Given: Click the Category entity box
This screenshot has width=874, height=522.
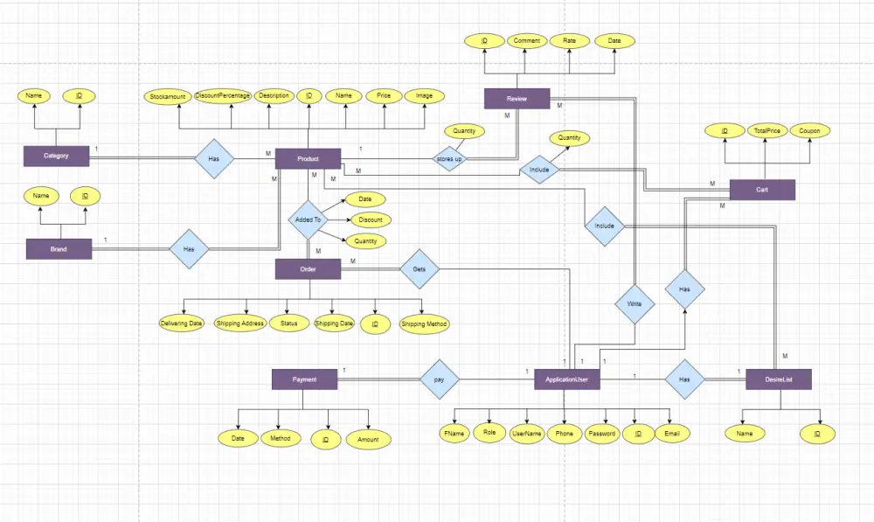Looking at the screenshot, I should point(56,157).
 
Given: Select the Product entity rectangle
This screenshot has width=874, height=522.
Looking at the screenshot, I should point(308,158).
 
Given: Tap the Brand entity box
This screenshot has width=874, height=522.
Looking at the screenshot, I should point(59,249).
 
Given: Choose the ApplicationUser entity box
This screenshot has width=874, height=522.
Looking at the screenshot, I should point(566,379).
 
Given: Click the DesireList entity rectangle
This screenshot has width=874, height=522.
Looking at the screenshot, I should point(778,379).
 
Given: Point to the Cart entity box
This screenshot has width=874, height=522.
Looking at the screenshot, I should point(762,190).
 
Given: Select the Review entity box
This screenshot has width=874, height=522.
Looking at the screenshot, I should point(517,98).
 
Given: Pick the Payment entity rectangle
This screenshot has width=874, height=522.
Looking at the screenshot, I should point(304,379).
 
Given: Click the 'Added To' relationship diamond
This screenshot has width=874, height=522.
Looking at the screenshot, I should point(308,220).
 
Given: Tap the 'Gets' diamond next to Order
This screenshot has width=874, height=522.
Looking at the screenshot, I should point(419,270).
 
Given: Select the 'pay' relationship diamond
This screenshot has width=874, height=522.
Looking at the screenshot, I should point(439,379).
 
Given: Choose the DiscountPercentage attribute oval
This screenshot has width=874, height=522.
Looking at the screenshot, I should point(223,96).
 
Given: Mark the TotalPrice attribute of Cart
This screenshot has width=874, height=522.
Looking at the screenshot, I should point(766,131).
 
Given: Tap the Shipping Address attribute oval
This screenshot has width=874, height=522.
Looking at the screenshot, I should point(239,324).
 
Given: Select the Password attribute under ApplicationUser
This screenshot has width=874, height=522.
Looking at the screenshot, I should point(601,434).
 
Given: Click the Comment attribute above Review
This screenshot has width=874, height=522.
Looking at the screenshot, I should point(526,41).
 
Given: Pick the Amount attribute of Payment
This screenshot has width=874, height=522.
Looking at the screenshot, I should point(368,440).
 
